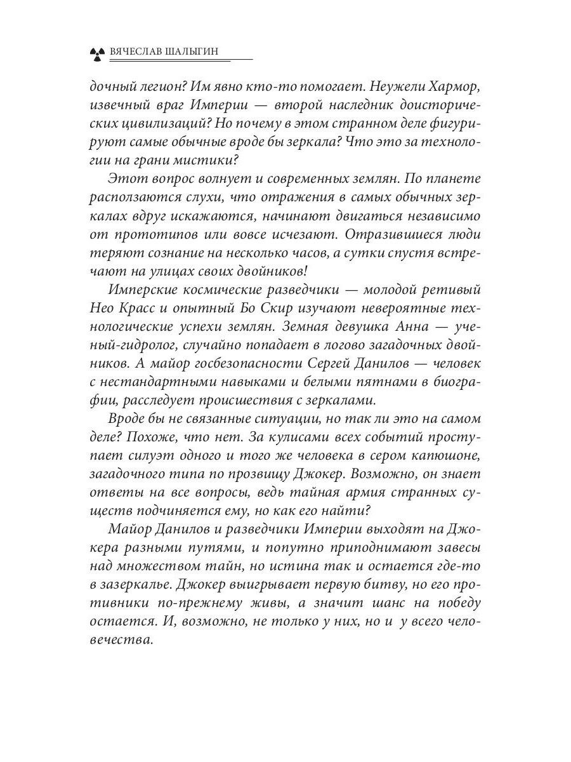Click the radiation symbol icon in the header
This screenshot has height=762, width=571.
[x=96, y=52]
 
